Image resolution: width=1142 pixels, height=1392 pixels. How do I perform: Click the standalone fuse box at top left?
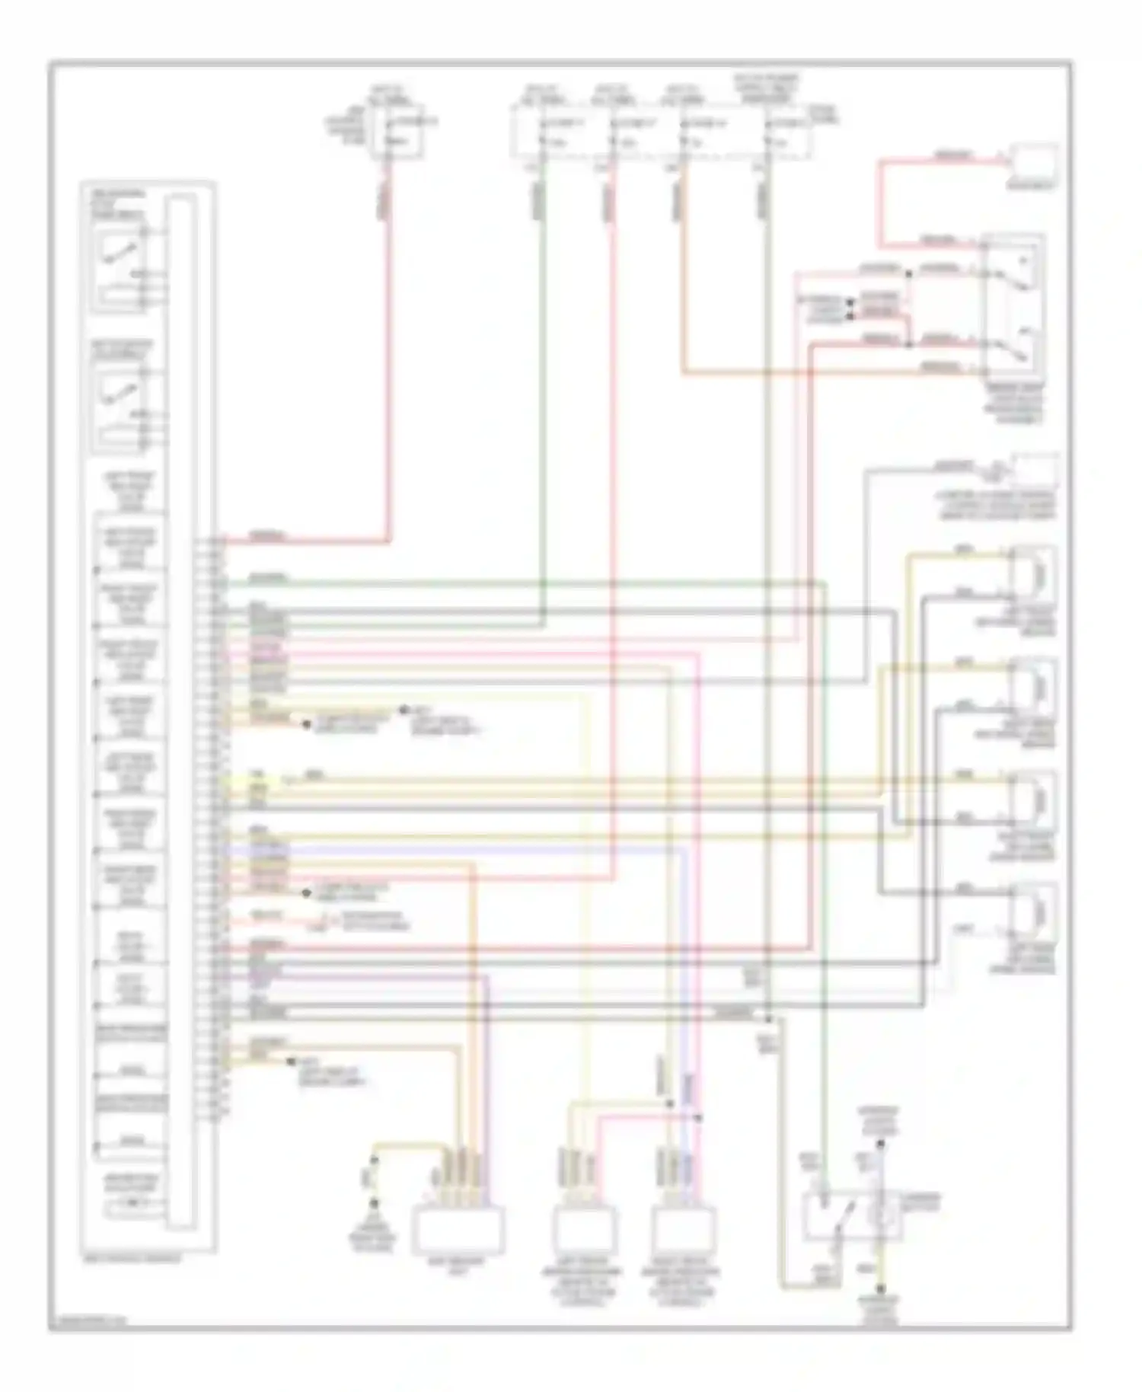click(x=395, y=134)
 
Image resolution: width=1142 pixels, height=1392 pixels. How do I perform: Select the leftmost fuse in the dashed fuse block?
click(x=542, y=134)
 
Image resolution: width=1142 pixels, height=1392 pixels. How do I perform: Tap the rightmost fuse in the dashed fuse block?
click(x=770, y=134)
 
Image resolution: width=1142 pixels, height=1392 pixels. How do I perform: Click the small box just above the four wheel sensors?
click(x=1033, y=471)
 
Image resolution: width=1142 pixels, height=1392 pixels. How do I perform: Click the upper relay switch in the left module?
click(x=120, y=251)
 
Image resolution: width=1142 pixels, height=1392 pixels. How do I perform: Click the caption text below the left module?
click(x=132, y=1259)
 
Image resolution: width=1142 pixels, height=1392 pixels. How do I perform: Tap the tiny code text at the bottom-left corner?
click(x=88, y=1322)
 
